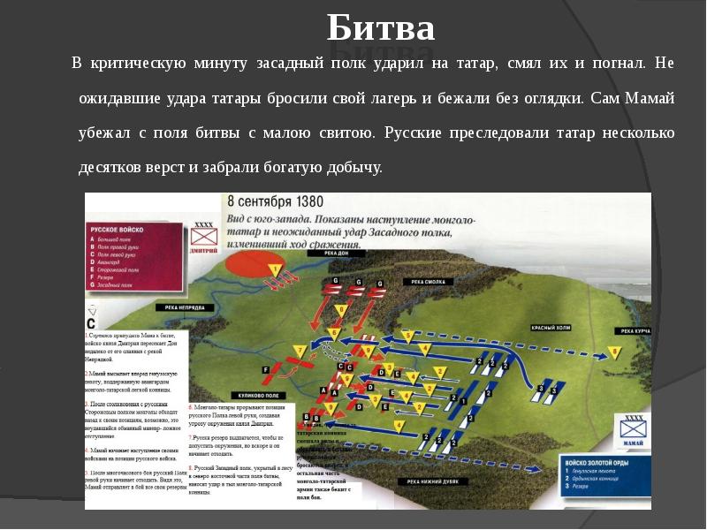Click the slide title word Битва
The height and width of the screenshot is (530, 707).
coord(381,28)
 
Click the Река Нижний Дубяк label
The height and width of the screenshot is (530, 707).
coord(433,481)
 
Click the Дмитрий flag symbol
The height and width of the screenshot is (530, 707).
coord(203,238)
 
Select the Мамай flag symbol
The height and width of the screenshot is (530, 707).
coord(633,426)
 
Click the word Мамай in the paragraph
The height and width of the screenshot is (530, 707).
coord(650,99)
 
